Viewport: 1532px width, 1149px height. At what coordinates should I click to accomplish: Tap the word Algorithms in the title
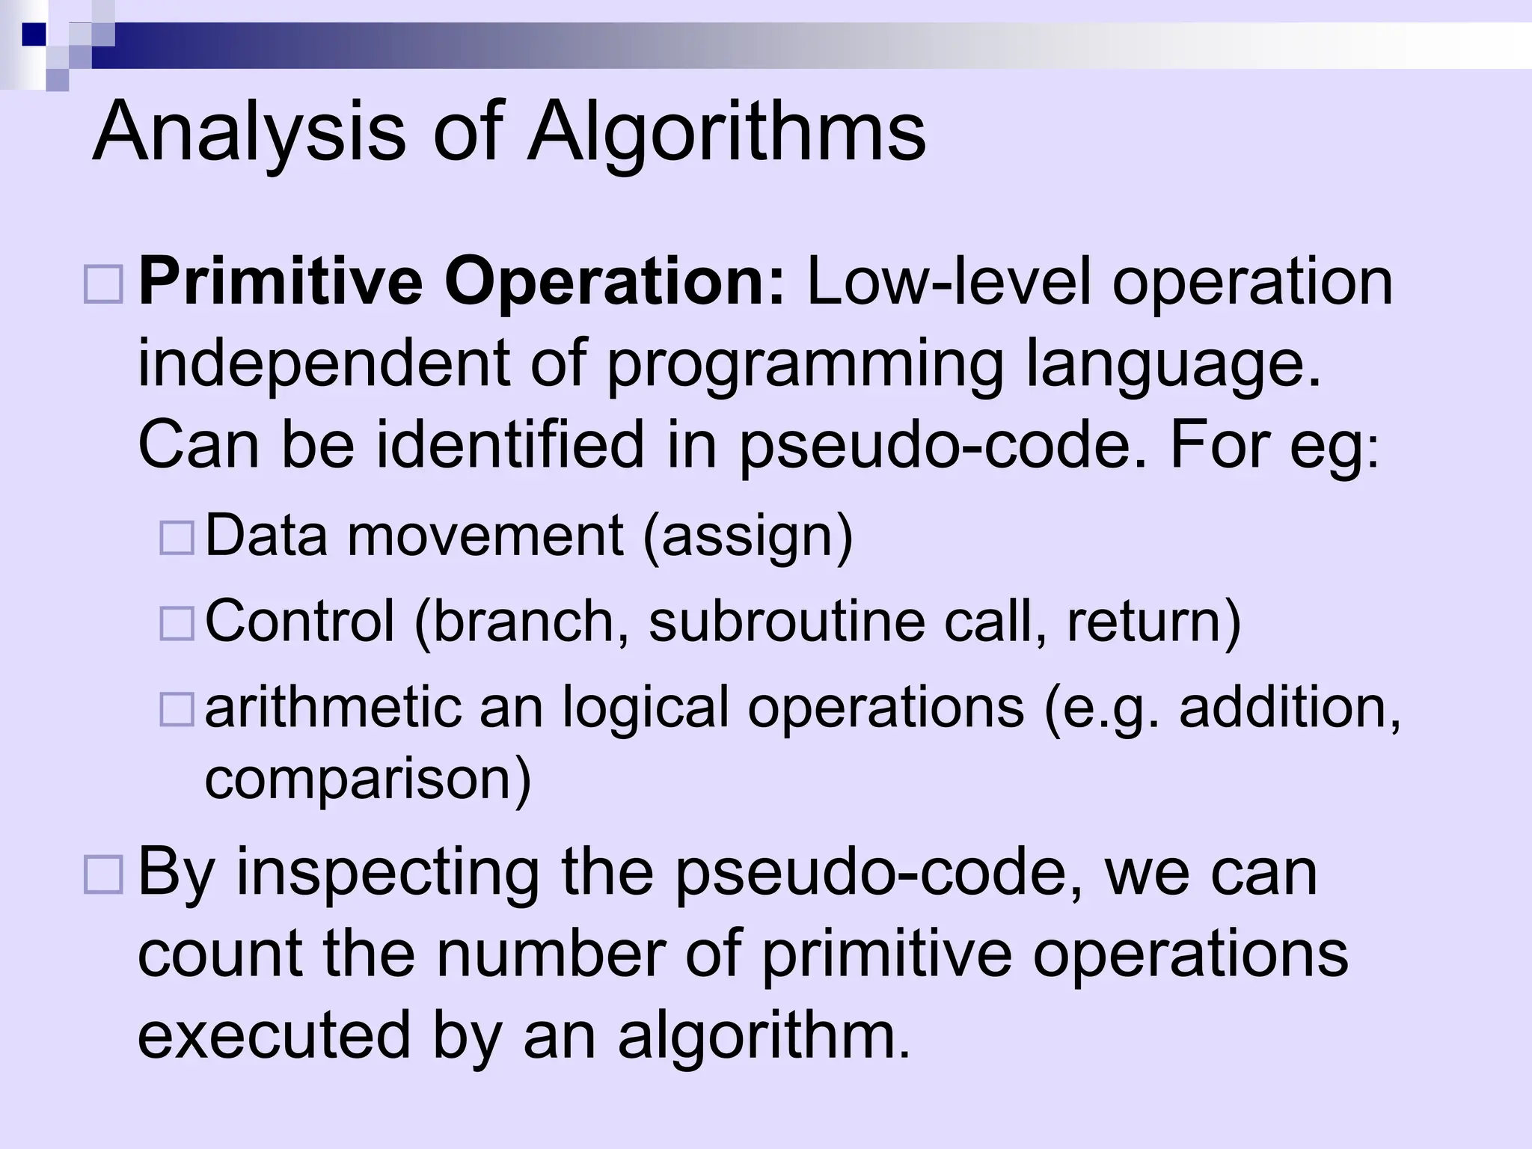coord(726,133)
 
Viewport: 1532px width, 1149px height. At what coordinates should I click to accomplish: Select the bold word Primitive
coord(281,283)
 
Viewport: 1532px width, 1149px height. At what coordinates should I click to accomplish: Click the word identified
coord(509,446)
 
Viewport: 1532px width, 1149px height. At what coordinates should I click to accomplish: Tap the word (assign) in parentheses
coord(747,536)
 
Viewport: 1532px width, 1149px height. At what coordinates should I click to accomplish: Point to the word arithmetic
coord(333,708)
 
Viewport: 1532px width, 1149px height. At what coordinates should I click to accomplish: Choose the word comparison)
coord(367,779)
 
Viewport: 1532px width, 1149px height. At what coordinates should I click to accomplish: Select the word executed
coord(274,1036)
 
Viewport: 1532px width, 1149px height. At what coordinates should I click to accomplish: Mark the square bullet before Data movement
coord(177,537)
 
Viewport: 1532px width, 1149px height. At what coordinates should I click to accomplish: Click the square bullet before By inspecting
coord(103,875)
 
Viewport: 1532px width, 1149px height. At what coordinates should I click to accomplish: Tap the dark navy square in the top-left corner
coord(34,34)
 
